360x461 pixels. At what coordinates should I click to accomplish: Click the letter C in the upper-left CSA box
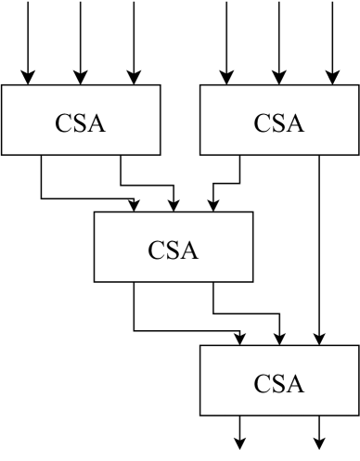click(64, 123)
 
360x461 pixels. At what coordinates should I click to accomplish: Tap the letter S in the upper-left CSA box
click(79, 123)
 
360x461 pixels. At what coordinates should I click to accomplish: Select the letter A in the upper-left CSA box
click(95, 123)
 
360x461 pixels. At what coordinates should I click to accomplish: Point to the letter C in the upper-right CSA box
click(264, 123)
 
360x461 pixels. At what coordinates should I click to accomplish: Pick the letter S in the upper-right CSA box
click(278, 123)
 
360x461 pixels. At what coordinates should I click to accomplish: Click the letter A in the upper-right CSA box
click(294, 123)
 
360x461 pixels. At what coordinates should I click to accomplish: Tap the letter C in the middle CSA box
click(157, 250)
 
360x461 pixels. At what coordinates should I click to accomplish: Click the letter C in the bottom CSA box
click(264, 383)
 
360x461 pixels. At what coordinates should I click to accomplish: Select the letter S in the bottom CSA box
click(278, 383)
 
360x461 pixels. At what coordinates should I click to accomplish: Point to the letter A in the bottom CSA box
click(294, 383)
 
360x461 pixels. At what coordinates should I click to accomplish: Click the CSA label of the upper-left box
click(80, 123)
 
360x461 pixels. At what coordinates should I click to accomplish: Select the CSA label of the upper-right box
click(279, 123)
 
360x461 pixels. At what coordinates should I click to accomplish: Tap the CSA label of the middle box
click(173, 250)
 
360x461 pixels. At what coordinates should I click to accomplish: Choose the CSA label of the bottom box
click(279, 383)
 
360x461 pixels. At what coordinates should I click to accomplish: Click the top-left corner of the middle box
click(95, 213)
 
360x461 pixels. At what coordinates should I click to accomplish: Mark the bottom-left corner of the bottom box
click(201, 414)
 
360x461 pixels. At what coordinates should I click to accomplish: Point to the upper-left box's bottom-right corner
click(159, 153)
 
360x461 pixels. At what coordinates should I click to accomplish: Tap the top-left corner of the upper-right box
click(201, 86)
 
